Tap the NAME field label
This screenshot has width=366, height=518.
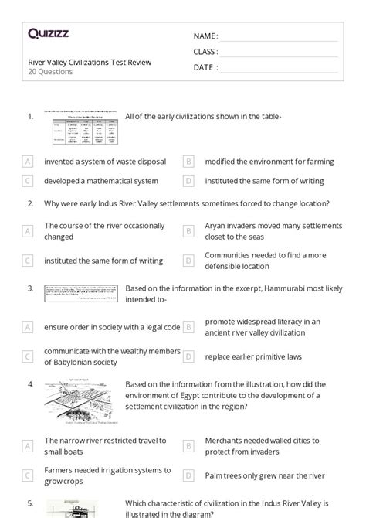click(205, 36)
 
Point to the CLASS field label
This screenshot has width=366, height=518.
click(206, 52)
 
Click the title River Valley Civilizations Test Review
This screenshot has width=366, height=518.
click(90, 62)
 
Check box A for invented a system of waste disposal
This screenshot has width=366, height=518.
click(28, 162)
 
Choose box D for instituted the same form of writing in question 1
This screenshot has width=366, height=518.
click(188, 181)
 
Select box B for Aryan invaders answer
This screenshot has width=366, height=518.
click(188, 230)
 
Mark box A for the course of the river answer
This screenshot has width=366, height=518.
click(28, 230)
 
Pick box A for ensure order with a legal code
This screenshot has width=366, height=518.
click(28, 326)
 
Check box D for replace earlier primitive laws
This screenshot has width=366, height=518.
click(188, 356)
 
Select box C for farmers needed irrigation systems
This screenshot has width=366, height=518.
click(28, 475)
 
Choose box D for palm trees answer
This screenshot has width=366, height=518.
click(188, 475)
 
